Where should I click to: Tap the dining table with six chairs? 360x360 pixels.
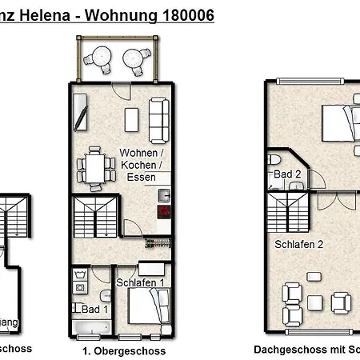tap(94, 168)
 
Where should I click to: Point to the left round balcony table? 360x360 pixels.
tap(102, 57)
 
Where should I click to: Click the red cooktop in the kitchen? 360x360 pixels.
tap(164, 212)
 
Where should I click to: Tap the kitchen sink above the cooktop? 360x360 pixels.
tap(163, 194)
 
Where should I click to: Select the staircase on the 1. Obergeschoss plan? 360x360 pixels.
tap(94, 216)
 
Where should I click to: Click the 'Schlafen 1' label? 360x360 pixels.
tap(141, 282)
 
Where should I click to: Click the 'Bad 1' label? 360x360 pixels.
tap(94, 308)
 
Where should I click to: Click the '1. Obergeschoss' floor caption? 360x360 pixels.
tap(124, 350)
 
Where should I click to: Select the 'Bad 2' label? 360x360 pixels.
tap(286, 174)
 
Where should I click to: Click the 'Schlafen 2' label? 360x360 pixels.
tap(298, 245)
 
